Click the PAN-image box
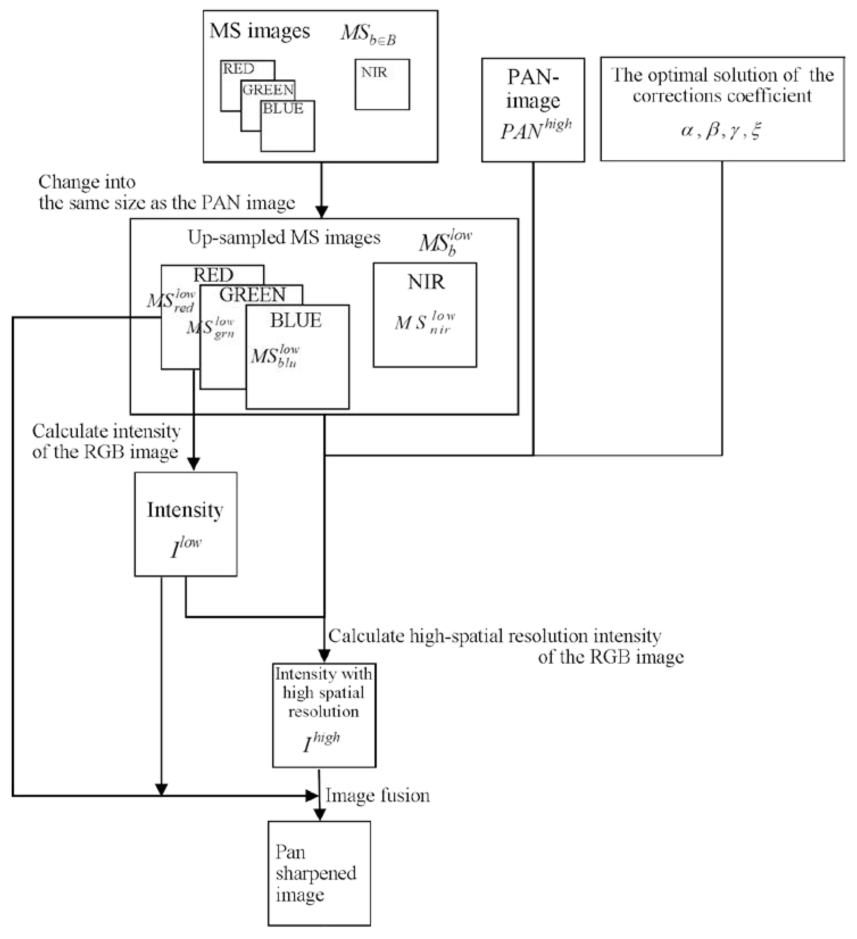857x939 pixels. tap(533, 110)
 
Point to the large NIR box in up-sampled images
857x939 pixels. tap(425, 315)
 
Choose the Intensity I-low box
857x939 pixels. tap(186, 524)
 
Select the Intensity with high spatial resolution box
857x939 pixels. tap(324, 715)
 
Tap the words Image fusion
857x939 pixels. tap(377, 796)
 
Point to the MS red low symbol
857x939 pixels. tap(171, 300)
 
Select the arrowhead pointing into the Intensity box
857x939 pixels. tap(193, 464)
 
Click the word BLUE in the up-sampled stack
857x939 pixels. tap(296, 321)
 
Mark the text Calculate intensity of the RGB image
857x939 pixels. tap(106, 441)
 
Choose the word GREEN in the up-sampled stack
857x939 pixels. tap(252, 294)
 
